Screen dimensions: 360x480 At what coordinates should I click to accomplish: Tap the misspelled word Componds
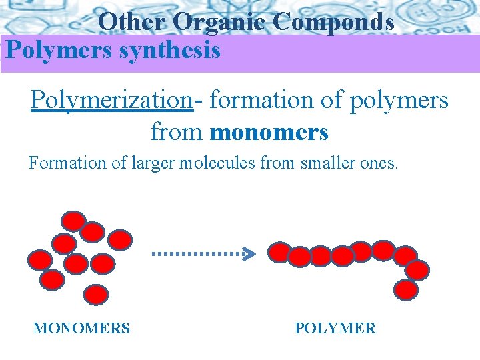[333, 23]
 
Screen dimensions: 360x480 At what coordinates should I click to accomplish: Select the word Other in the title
[131, 23]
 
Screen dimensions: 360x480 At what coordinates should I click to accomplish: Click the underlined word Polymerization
[111, 100]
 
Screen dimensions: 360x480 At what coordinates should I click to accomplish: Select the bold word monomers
[269, 132]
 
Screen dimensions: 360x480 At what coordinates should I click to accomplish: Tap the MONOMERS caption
[81, 328]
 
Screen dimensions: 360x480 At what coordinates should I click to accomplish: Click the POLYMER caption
[335, 328]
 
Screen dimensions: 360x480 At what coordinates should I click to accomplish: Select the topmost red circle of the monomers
[73, 221]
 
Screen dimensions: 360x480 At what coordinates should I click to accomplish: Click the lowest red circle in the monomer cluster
[97, 294]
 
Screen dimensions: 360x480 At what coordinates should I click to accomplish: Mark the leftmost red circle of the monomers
[40, 259]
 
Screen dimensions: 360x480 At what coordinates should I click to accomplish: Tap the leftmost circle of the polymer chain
[279, 252]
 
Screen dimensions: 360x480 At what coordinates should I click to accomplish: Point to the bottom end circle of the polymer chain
[406, 290]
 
